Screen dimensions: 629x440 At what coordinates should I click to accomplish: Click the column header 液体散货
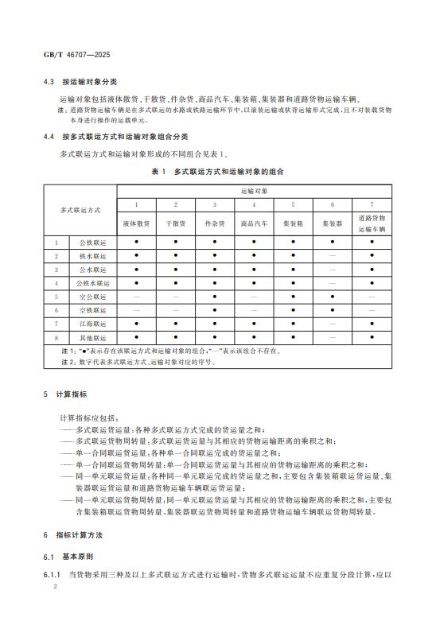pos(137,224)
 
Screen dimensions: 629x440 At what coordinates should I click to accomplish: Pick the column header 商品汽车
pos(255,224)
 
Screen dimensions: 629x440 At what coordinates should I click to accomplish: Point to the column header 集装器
pos(333,224)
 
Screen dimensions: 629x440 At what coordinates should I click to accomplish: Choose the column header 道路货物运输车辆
pos(372,223)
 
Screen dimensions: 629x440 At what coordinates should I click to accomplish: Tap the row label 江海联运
pos(88,324)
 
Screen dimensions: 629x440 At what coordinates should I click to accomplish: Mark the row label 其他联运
pos(88,338)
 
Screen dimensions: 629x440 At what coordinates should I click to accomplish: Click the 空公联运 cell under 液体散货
pos(137,297)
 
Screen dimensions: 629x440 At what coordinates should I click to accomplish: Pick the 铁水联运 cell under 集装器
pos(333,255)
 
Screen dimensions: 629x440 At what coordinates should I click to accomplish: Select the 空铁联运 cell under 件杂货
pos(215,310)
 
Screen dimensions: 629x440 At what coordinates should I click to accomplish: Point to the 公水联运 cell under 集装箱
pos(294,269)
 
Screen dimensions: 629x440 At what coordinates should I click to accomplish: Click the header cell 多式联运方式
pos(80,210)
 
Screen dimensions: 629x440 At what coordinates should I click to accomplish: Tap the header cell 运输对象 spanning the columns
pos(255,192)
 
